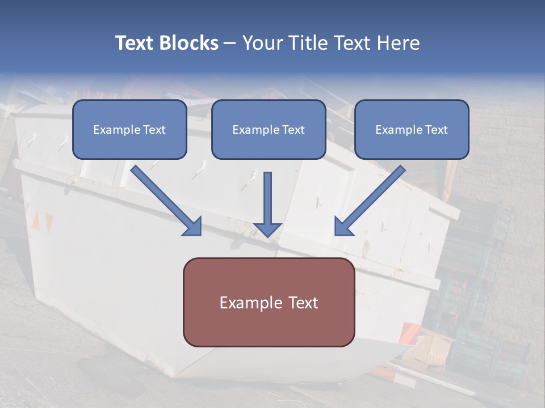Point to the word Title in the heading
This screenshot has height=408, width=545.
click(307, 43)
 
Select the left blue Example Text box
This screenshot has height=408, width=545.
click(129, 129)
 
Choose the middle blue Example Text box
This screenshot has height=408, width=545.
click(269, 129)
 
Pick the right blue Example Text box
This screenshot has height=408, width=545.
click(412, 129)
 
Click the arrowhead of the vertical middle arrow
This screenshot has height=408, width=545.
click(267, 228)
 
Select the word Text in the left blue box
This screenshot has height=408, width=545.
click(154, 130)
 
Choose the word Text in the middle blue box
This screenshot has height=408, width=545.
click(294, 130)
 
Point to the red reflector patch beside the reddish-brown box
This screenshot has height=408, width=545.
click(409, 333)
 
